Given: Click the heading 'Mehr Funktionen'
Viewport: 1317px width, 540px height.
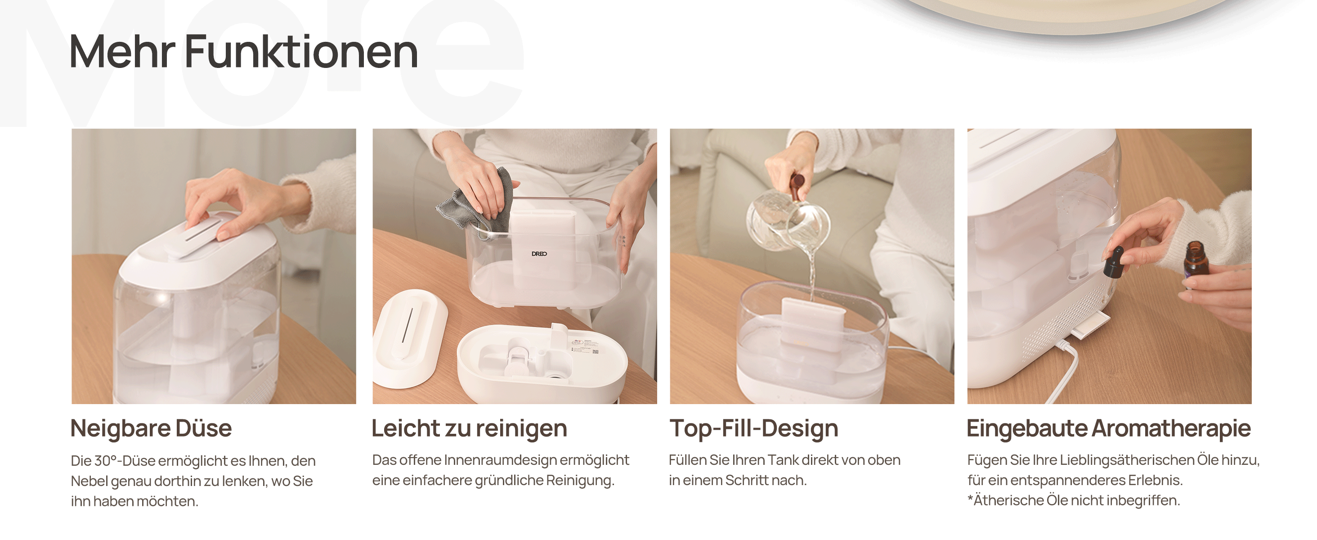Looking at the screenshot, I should (243, 52).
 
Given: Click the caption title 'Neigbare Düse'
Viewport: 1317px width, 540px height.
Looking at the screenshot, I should (151, 428).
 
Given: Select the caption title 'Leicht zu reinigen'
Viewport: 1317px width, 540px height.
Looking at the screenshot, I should (469, 428).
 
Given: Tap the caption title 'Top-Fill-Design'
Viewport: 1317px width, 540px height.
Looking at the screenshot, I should (753, 428).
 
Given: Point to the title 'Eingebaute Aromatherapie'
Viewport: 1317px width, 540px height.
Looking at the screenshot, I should (1108, 428).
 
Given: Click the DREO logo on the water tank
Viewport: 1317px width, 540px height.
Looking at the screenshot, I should (539, 254).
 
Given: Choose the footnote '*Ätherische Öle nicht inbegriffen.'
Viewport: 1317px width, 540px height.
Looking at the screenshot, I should (1073, 500).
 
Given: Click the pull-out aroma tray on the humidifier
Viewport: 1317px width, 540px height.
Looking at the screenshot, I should (1092, 325).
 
